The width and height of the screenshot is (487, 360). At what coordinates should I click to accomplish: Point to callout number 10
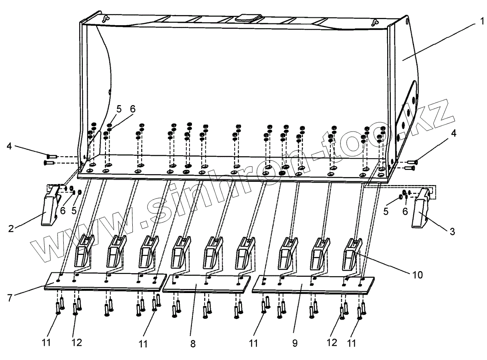[417, 275]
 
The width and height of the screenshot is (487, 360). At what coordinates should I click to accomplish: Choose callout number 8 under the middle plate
[192, 344]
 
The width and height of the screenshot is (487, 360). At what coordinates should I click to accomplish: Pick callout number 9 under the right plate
[295, 344]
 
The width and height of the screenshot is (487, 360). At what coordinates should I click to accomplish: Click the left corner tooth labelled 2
[50, 207]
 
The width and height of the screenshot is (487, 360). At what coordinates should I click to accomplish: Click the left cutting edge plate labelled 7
[106, 281]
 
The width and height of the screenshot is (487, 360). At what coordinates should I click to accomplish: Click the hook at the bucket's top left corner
[106, 18]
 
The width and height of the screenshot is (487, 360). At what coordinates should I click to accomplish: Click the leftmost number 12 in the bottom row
[77, 343]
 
